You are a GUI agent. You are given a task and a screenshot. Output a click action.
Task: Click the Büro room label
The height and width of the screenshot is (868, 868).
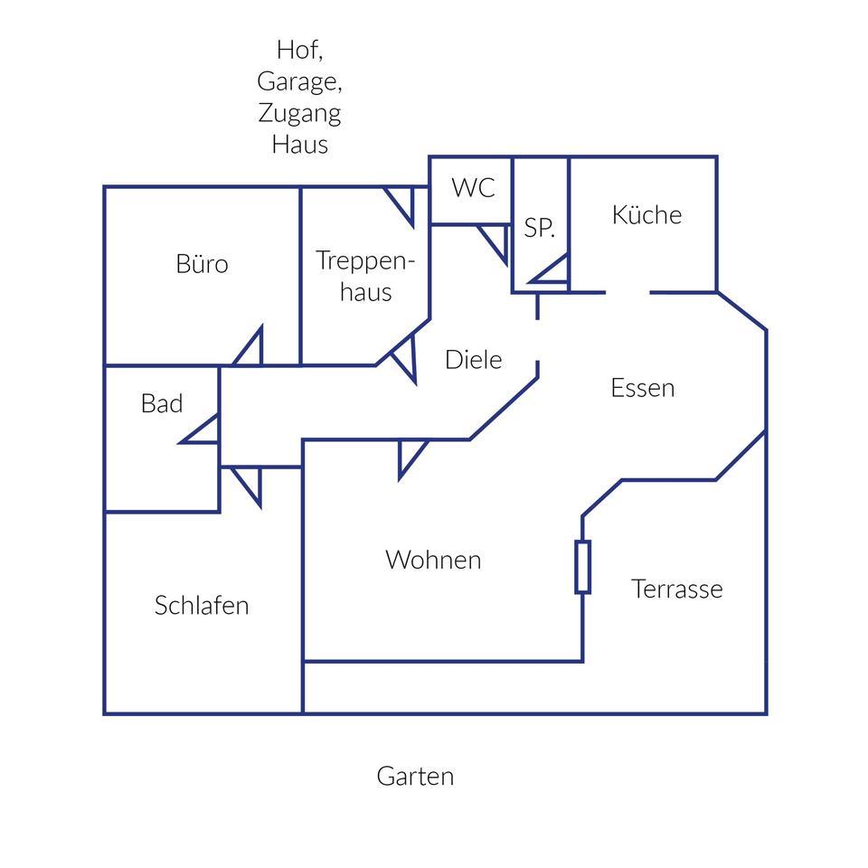pos(202,264)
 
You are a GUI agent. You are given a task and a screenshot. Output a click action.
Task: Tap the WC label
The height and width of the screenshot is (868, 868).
pos(474,188)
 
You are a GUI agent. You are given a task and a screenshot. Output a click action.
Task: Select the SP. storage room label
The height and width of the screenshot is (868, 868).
pos(540,228)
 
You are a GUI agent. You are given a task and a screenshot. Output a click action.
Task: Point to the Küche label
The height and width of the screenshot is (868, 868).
pos(646,215)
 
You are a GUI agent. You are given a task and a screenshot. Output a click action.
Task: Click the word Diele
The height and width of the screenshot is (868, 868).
pos(473,359)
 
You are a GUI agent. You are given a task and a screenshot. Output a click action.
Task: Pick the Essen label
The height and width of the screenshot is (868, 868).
pos(643,388)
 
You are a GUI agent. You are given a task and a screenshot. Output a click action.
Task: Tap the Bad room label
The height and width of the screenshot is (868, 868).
pos(162,403)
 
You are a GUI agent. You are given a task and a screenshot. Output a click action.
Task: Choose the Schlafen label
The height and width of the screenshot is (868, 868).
pos(202,605)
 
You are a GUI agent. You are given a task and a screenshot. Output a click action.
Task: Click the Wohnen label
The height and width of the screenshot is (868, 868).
pos(433,560)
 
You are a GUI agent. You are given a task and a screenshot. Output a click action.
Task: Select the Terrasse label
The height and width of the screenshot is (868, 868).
pos(677,590)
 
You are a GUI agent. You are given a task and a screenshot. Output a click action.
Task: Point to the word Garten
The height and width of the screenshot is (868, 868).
pos(415,776)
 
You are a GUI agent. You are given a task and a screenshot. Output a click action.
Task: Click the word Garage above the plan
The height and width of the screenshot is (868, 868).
pos(299,81)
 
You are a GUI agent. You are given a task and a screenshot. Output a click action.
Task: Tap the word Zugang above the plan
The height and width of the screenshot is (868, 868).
pos(299,113)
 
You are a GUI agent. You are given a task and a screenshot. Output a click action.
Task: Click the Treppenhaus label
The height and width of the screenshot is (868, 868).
pos(365,276)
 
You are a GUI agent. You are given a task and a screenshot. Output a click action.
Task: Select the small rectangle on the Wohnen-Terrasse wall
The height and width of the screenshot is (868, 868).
pos(583,567)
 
